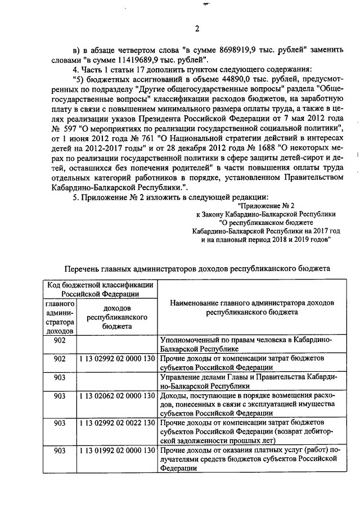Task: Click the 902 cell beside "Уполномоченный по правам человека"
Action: pos(59,340)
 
